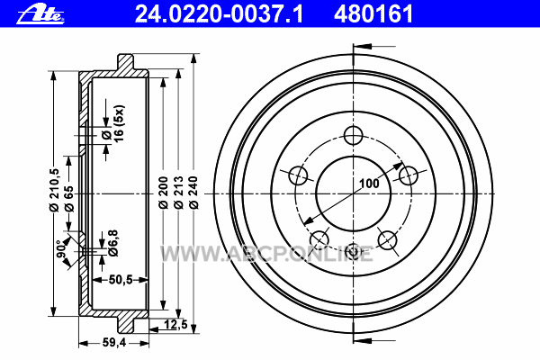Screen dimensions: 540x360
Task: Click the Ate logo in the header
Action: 41,14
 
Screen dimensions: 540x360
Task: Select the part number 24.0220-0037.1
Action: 219,14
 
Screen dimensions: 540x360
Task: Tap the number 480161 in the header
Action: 373,14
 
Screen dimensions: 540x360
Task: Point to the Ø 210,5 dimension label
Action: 54,190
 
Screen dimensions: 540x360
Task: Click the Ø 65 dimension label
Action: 69,199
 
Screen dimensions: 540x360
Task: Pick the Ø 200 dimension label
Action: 163,193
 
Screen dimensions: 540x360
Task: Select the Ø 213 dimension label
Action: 178,193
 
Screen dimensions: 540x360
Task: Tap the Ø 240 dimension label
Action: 193,193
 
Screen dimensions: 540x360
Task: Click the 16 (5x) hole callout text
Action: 119,123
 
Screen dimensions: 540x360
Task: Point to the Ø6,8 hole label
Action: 113,243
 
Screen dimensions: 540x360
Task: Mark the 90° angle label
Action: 62,250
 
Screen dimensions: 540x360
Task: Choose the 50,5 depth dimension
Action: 121,280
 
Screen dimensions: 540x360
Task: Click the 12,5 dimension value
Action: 175,324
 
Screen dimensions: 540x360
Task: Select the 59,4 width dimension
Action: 114,343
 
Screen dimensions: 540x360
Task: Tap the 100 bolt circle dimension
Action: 369,184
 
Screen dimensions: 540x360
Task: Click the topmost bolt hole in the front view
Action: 354,135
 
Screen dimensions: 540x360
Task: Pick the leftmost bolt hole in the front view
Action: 298,175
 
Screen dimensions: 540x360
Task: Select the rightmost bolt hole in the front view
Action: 409,175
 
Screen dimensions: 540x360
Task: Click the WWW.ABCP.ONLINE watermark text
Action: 267,254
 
